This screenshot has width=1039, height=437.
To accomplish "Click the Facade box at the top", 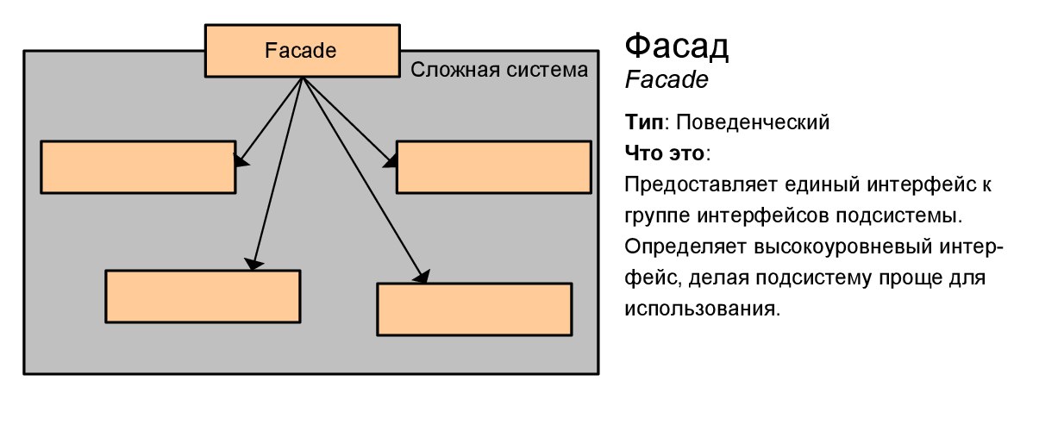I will tap(300, 51).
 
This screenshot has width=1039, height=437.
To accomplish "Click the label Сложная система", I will tap(499, 70).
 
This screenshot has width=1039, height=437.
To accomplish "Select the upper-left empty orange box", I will tap(138, 167).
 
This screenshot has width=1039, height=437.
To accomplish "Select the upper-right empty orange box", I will tap(493, 167).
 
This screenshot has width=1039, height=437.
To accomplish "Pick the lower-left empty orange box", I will tap(203, 297).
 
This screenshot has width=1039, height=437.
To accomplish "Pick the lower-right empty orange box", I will tap(474, 309).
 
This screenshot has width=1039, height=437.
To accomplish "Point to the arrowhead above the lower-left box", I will tap(252, 264).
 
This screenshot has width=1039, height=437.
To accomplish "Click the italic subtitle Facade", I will tap(666, 81).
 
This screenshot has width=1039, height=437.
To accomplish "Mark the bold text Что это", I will tap(666, 154).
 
